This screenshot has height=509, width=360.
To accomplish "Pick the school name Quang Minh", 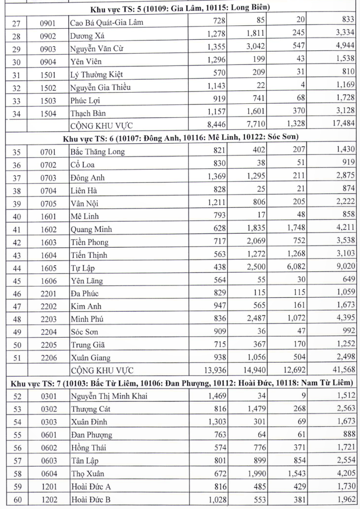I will [91, 229].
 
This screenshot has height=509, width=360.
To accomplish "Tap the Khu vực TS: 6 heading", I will [181, 138].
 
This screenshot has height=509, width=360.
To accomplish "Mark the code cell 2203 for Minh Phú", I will [48, 319].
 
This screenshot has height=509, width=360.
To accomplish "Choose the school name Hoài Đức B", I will [90, 498].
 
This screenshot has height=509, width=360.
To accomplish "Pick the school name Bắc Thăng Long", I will [97, 151].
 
